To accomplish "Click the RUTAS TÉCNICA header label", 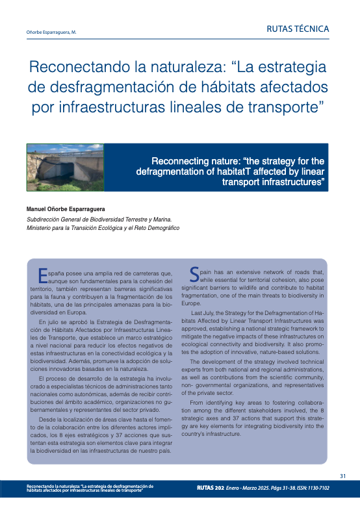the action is click(298, 29).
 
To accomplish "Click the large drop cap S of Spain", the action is click(194, 274).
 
